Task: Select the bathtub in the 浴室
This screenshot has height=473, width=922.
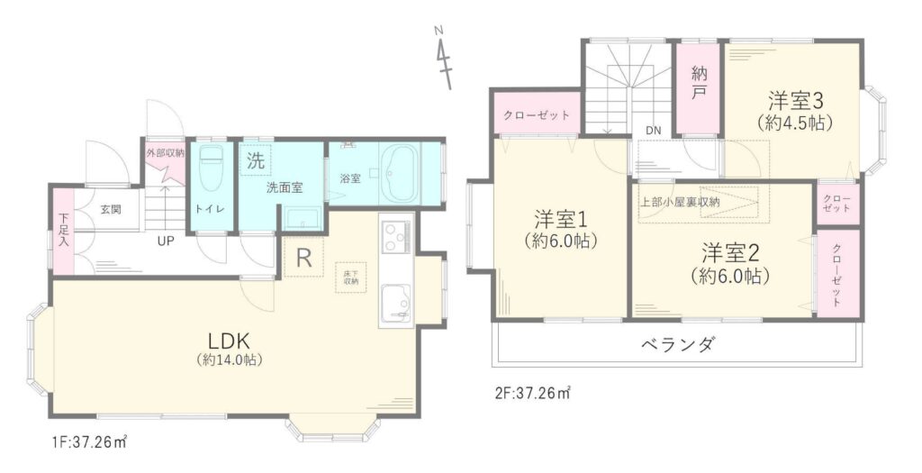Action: click(400, 174)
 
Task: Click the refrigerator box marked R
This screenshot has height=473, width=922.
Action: click(303, 257)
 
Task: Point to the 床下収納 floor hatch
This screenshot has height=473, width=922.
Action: click(347, 277)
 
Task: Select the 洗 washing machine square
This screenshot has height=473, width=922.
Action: click(256, 160)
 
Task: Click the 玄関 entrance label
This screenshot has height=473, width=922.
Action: click(110, 209)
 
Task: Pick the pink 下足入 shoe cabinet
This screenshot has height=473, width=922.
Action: click(63, 232)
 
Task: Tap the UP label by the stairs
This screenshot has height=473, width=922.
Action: click(166, 241)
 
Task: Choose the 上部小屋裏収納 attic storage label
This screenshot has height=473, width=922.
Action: click(679, 202)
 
